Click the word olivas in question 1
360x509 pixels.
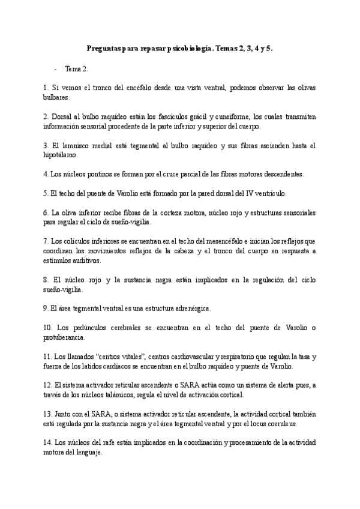tap(301, 88)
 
